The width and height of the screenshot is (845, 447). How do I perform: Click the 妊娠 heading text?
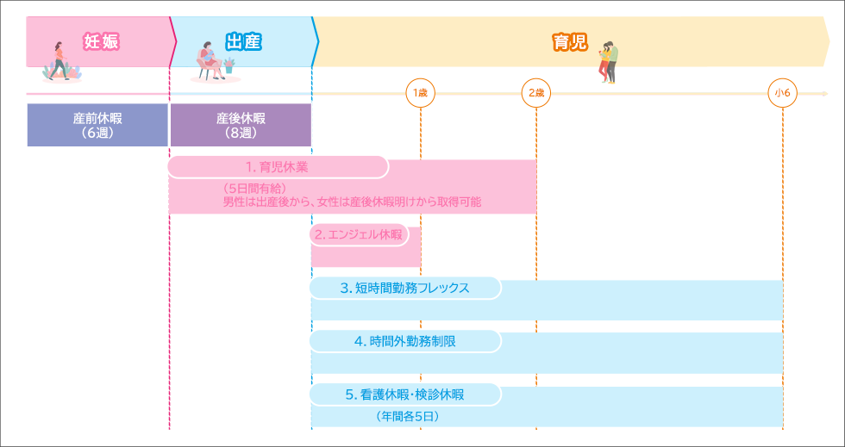(x=101, y=40)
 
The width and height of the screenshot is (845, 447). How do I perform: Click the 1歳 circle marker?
(x=420, y=92)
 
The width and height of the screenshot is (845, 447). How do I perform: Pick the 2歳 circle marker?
(x=535, y=92)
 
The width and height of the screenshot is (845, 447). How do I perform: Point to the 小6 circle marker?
(x=783, y=92)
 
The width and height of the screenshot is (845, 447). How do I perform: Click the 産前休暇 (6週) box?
(x=97, y=125)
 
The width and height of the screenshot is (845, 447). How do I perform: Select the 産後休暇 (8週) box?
(x=241, y=125)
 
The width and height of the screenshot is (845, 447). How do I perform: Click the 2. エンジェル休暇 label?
(x=359, y=234)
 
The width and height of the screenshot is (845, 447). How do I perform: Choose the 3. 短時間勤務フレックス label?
(x=404, y=289)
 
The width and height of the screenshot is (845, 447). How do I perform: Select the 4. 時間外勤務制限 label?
(x=404, y=341)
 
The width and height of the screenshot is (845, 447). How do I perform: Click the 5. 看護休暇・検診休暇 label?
(x=404, y=394)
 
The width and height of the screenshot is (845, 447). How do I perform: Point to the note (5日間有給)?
(x=254, y=188)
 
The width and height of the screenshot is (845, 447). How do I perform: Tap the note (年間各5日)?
(x=407, y=416)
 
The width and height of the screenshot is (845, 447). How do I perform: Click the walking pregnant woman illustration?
(x=59, y=61)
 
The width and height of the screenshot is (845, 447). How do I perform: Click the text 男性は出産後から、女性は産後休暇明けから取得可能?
(x=352, y=202)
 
